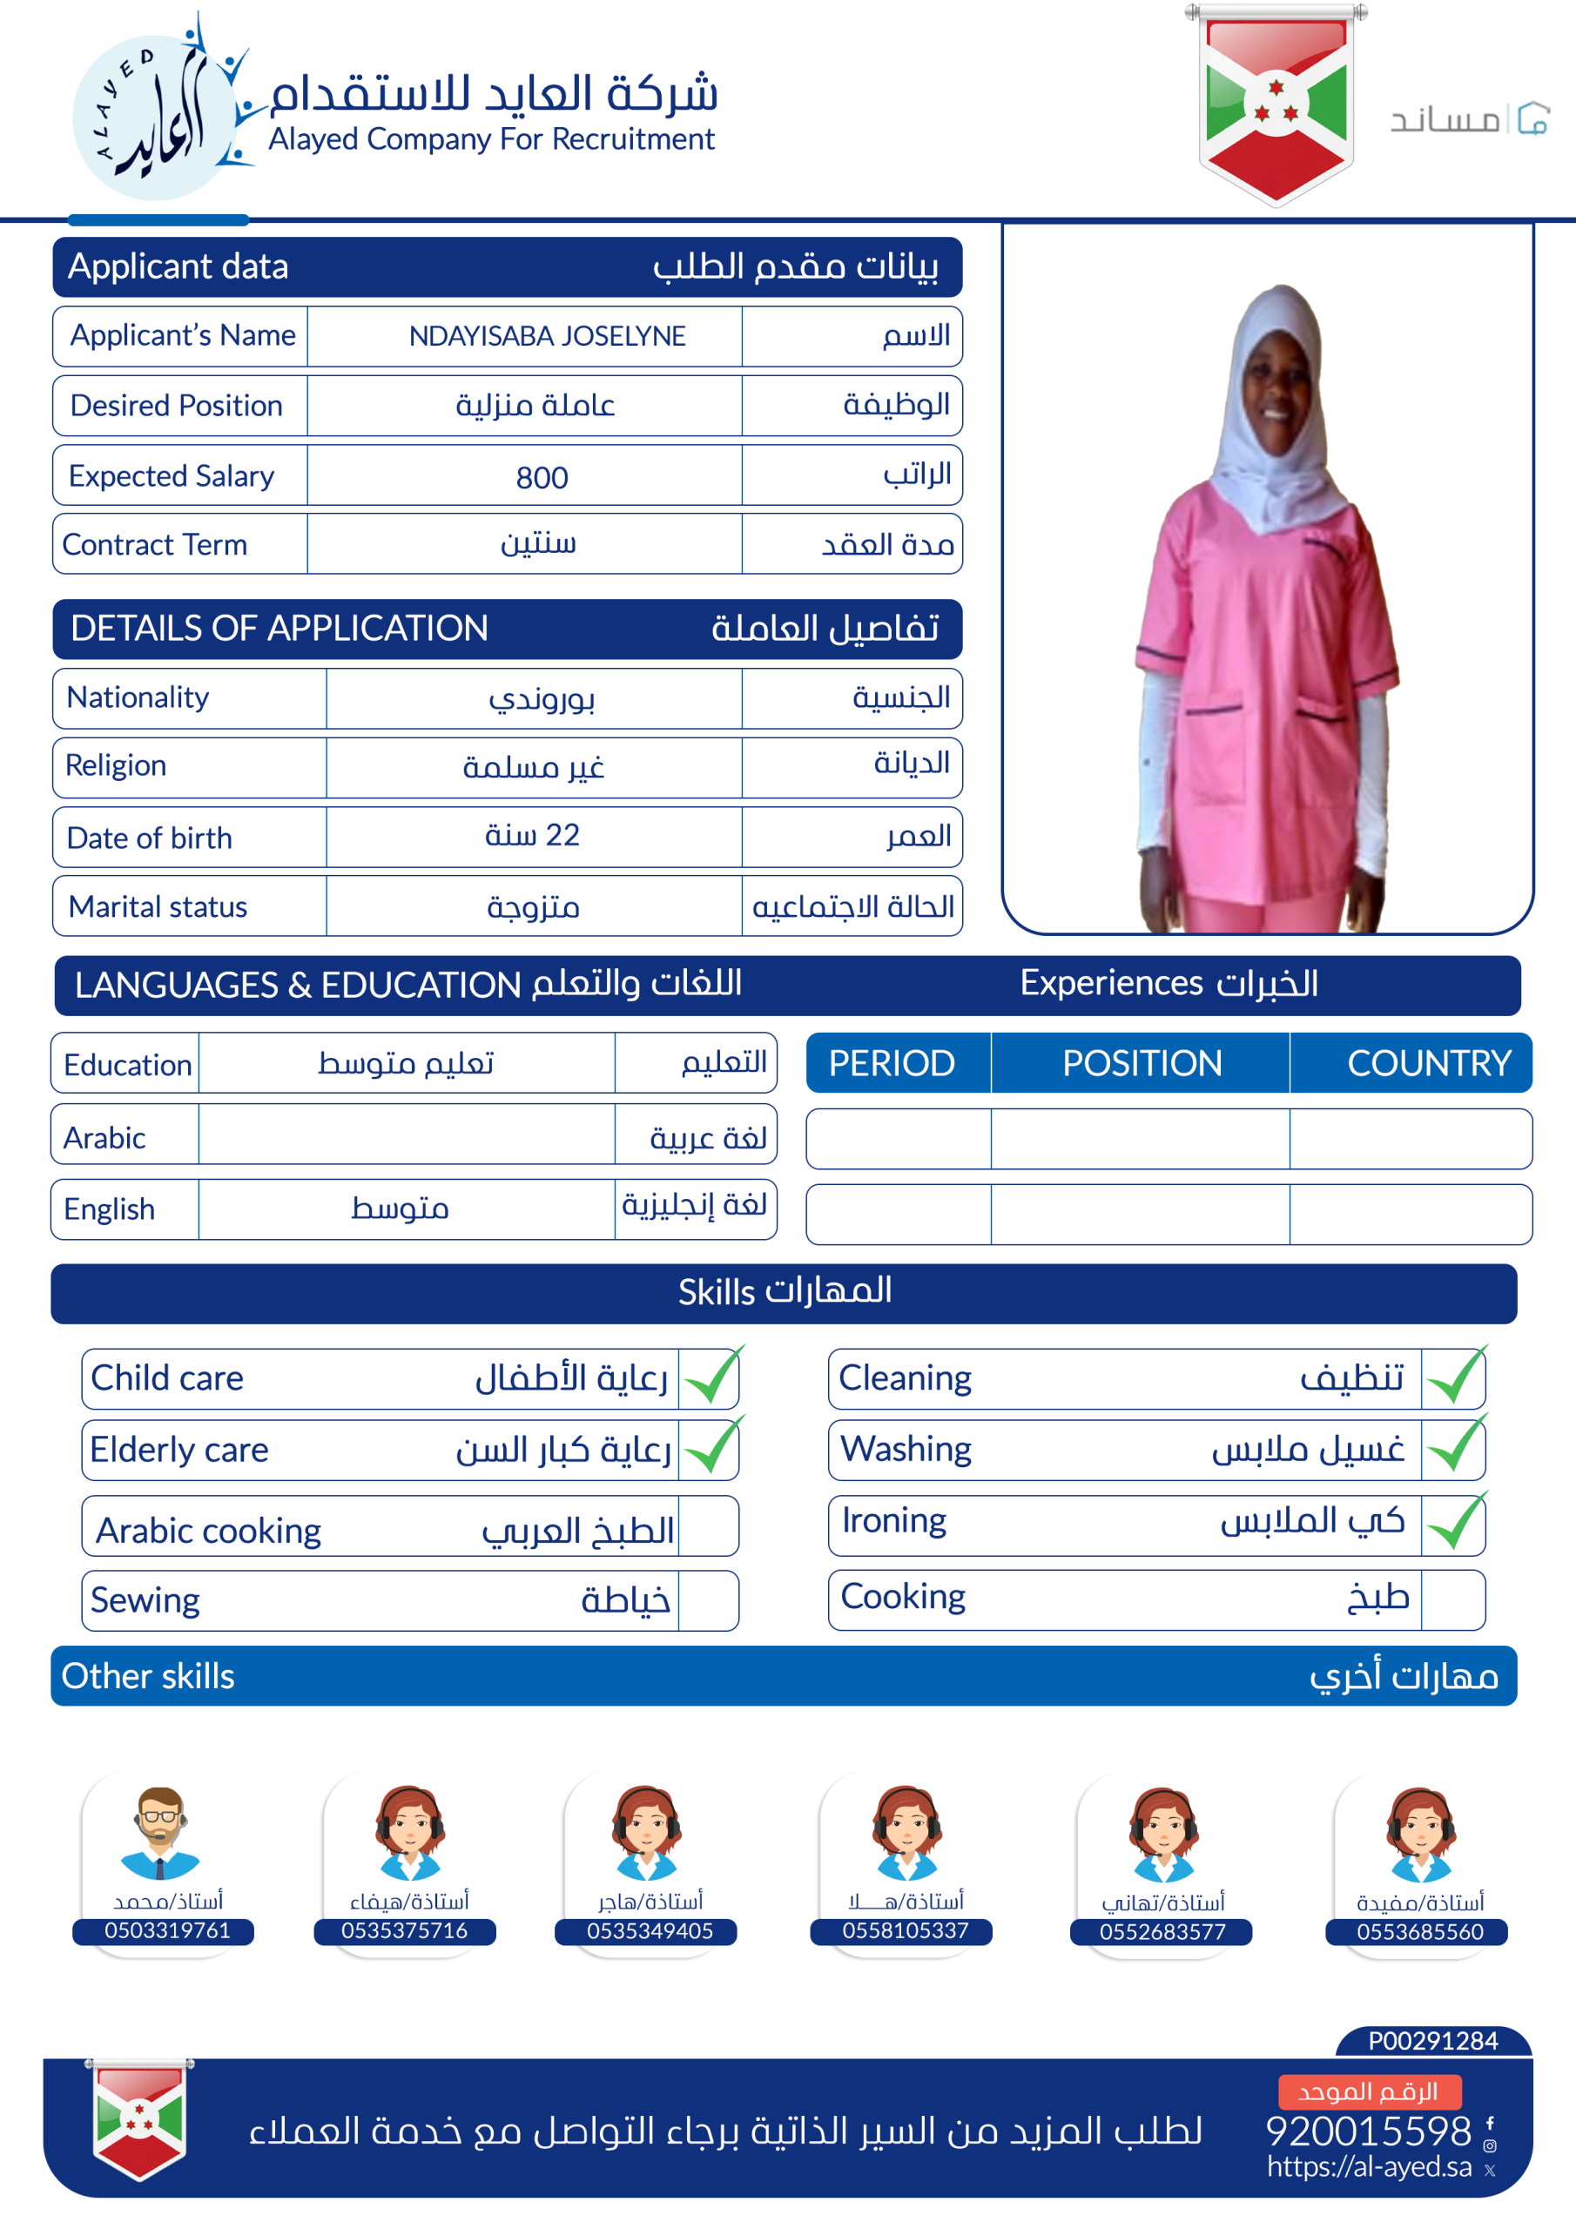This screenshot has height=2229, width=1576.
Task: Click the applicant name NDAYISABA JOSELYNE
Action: pyautogui.click(x=547, y=336)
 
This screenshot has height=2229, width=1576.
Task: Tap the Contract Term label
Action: pyautogui.click(x=154, y=545)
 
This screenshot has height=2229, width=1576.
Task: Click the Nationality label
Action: pyautogui.click(x=138, y=697)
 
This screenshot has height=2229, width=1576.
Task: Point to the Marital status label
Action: pyautogui.click(x=158, y=906)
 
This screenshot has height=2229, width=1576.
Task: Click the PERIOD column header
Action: pyautogui.click(x=892, y=1063)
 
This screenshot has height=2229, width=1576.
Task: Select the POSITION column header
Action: pyautogui.click(x=1141, y=1063)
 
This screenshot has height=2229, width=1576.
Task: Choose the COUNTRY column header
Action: pyautogui.click(x=1428, y=1063)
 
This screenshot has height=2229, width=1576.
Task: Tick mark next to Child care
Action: pyautogui.click(x=711, y=1377)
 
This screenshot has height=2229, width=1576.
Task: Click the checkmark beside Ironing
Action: pyautogui.click(x=1456, y=1522)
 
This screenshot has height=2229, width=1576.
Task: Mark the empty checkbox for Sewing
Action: pyautogui.click(x=708, y=1599)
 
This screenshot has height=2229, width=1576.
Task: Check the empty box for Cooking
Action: pyautogui.click(x=1451, y=1599)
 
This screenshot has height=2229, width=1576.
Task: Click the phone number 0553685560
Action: pyautogui.click(x=1419, y=1931)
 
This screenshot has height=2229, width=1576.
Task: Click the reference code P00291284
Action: pyautogui.click(x=1432, y=2041)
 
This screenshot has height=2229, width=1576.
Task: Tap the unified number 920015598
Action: pyautogui.click(x=1368, y=2131)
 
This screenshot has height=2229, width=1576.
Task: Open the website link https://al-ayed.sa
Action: pyautogui.click(x=1369, y=2167)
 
